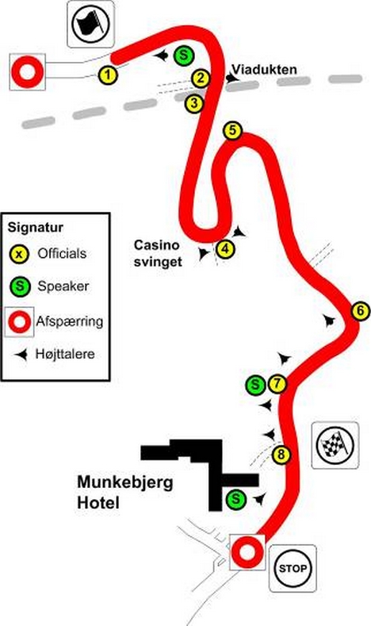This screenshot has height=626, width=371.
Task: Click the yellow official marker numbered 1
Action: (108, 75)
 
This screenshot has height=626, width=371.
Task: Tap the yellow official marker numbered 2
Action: (201, 79)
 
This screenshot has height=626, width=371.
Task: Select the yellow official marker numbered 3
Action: (194, 103)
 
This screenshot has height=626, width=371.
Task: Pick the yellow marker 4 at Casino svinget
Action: (225, 249)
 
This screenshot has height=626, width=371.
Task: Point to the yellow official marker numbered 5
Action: (233, 131)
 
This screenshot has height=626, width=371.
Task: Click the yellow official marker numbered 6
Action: (361, 311)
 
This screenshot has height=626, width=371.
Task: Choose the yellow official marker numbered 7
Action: (277, 385)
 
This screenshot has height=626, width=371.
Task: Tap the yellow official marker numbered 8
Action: (281, 455)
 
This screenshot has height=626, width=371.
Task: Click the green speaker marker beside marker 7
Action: (255, 385)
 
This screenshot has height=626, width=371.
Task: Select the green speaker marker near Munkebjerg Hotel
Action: (235, 499)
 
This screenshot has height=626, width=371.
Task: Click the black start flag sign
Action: (90, 24)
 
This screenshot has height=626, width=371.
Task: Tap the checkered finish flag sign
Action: (335, 445)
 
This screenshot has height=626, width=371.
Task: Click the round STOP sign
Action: (293, 569)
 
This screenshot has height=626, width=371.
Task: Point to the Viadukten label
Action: (265, 70)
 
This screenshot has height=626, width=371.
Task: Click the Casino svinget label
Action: (158, 253)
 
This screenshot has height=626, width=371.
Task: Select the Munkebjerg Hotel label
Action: (125, 492)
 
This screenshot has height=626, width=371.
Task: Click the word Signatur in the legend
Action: (36, 228)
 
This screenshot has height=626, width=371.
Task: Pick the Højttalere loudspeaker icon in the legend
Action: (21, 354)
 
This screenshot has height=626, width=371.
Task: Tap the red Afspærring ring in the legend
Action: (20, 321)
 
